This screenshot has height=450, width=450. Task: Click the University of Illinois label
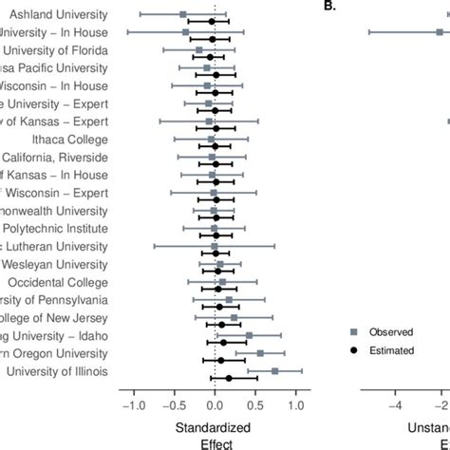click(x=60, y=371)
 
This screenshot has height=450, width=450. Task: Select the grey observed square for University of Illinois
click(x=275, y=370)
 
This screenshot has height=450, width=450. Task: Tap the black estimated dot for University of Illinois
click(x=228, y=378)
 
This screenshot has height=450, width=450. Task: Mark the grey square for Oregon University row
click(x=260, y=353)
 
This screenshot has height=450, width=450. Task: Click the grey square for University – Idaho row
click(x=250, y=335)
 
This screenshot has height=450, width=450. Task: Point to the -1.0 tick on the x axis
click(x=134, y=404)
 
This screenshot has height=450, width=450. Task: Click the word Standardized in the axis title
click(x=215, y=426)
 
